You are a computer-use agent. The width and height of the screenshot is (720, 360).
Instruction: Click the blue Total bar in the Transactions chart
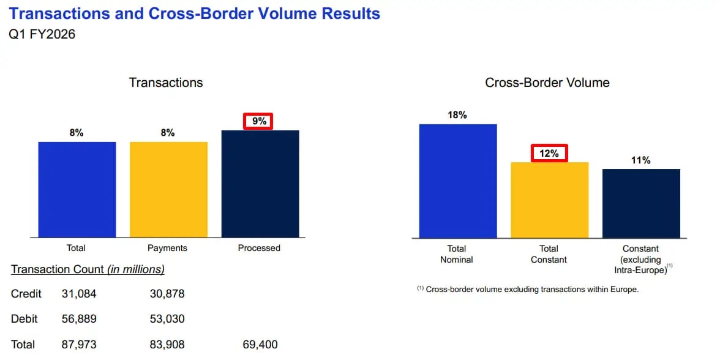point(77,189)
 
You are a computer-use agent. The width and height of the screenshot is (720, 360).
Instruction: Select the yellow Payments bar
point(168,189)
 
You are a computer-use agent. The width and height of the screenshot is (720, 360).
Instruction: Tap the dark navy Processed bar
point(260,184)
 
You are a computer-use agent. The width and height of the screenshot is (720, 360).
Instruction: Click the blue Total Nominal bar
point(457,181)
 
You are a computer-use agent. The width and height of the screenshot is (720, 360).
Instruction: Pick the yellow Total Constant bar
point(549,200)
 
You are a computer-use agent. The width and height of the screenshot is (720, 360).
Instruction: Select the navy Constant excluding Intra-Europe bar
point(641,203)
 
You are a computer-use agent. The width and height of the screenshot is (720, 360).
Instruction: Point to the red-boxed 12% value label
point(549,153)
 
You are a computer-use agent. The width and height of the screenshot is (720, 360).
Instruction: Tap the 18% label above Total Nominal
point(457,115)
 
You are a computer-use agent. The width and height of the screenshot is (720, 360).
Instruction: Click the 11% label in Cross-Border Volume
point(641,160)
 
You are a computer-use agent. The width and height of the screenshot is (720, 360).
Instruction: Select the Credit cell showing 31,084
point(79,294)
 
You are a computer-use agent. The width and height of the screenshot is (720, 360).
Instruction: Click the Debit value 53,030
point(167,319)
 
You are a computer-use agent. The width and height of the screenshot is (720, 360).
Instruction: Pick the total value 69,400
point(260,345)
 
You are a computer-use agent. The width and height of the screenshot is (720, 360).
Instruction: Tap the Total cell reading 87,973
point(79,345)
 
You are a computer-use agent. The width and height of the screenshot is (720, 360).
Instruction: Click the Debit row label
point(24,319)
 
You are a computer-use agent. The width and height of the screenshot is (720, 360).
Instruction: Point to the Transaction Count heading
point(88,269)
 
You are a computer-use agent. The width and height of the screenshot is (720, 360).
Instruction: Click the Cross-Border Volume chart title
point(547,83)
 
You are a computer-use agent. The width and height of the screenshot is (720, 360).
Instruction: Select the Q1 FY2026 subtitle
point(42,34)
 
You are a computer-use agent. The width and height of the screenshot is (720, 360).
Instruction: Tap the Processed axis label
point(259,248)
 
